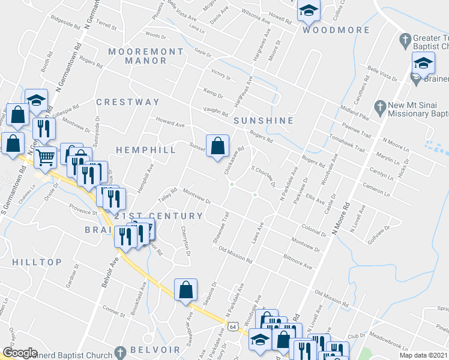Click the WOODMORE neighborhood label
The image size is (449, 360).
coord(328,29)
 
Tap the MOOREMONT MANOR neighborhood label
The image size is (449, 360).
coord(145,56)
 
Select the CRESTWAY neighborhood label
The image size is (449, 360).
coord(128,102)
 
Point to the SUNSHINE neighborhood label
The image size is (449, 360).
coord(263,120)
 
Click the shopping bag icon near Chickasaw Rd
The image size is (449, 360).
coord(217,145)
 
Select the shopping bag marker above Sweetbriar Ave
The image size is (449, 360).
coord(185,289)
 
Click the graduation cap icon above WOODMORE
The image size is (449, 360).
coord(309,10)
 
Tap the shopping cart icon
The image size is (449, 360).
coord(46,158)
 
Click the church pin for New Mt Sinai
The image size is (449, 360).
coord(379,108)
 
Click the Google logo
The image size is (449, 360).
coord(20,353)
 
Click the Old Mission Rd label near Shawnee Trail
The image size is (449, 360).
coord(235,254)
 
